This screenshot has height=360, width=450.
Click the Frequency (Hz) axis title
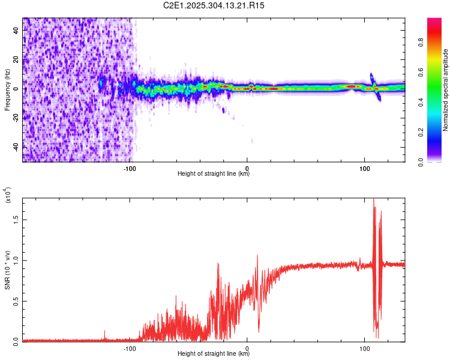click(x=7, y=90)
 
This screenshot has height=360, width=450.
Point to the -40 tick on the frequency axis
click(x=16, y=147)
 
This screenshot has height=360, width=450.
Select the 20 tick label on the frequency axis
click(x=16, y=59)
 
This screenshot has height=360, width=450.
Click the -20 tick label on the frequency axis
click(x=16, y=118)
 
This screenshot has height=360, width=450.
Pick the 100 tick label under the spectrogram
click(x=364, y=169)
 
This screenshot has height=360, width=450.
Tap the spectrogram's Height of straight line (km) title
click(x=214, y=174)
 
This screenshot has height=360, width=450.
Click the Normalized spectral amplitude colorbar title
click(x=446, y=90)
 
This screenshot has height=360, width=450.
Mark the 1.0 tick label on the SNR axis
click(x=16, y=260)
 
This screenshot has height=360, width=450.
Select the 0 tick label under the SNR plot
click(x=247, y=348)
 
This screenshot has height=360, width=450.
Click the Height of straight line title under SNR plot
click(x=214, y=353)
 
